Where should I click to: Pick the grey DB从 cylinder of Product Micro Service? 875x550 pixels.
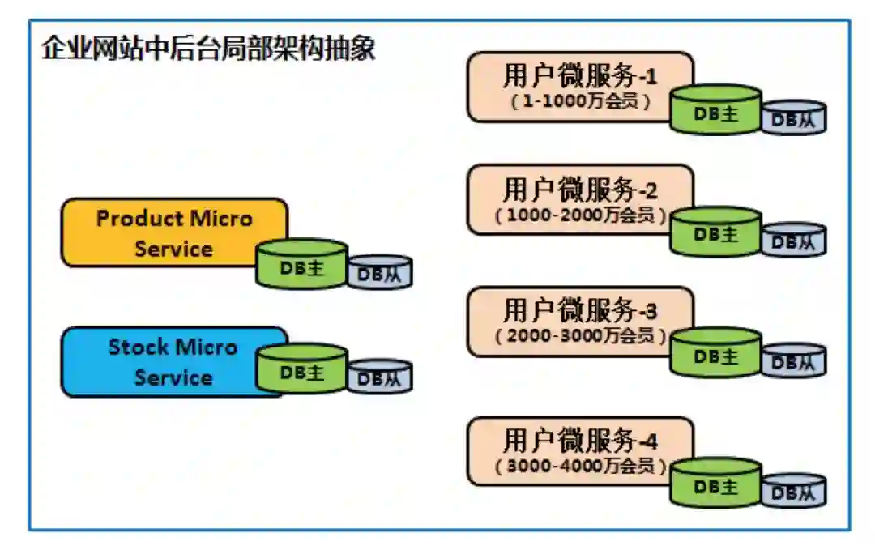coord(380,273)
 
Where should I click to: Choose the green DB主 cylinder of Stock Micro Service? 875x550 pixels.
coord(301,370)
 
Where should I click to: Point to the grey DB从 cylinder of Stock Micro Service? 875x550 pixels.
coord(380,377)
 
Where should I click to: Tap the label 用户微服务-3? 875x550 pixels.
coord(580,310)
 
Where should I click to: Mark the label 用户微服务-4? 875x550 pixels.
coord(580,441)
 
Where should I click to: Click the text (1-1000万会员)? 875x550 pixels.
coord(580,103)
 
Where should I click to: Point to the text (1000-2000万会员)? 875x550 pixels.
coord(580,216)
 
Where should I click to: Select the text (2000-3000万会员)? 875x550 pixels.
coord(580,335)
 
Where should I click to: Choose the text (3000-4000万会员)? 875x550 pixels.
coord(580,467)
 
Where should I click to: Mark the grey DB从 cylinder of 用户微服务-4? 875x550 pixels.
coord(793,491)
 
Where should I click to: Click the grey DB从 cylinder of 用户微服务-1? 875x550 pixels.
coord(793,118)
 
